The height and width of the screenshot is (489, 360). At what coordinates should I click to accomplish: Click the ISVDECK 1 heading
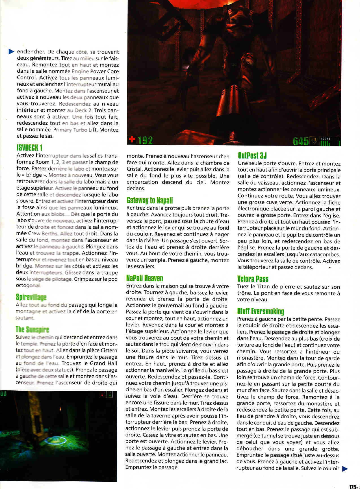(x=29, y=148)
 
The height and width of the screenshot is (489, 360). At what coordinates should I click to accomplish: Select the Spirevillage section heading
(x=31, y=297)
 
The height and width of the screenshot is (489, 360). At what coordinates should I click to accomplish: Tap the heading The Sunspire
(x=32, y=330)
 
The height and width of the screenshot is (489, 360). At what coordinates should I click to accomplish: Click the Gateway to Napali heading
(x=149, y=200)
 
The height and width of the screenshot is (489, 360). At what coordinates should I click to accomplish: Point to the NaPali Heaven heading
(x=144, y=278)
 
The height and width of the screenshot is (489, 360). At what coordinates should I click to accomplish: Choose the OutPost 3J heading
(x=252, y=155)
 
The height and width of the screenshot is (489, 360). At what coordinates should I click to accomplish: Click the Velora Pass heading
(x=253, y=279)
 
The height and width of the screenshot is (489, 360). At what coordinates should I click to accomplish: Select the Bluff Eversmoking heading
(x=261, y=311)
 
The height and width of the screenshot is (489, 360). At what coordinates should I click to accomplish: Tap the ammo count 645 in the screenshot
(x=301, y=141)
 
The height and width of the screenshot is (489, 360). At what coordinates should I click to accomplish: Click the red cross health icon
(x=132, y=139)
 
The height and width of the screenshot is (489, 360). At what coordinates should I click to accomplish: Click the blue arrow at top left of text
(x=11, y=51)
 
